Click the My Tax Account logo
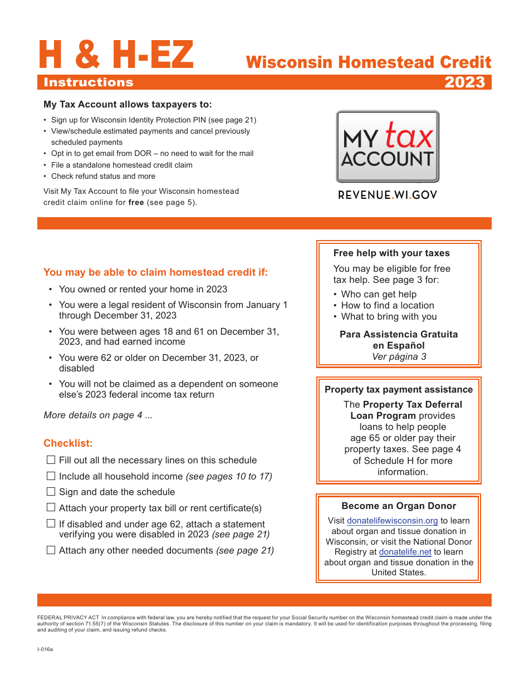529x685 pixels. coord(387,146)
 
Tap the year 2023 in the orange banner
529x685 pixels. coord(464,82)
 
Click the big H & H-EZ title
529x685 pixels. coord(116,56)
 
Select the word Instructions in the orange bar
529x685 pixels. coord(89,82)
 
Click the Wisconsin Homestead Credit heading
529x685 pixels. coord(369,62)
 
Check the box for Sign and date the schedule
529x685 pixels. coord(51,492)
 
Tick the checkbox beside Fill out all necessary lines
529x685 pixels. coord(51,460)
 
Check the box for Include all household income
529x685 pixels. coord(51,476)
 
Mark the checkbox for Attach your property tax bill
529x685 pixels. coord(51,507)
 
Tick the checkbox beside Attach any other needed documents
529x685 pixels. coord(51,550)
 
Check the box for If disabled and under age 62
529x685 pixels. coord(51,523)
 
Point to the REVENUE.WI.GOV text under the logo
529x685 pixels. coord(388,195)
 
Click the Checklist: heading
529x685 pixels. coord(68,443)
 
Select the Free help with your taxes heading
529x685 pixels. coord(391,253)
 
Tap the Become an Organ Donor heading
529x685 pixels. coord(399,506)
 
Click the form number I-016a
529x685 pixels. coord(45,649)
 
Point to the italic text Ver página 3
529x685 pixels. coord(399,356)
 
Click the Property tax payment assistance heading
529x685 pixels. coord(399,389)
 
